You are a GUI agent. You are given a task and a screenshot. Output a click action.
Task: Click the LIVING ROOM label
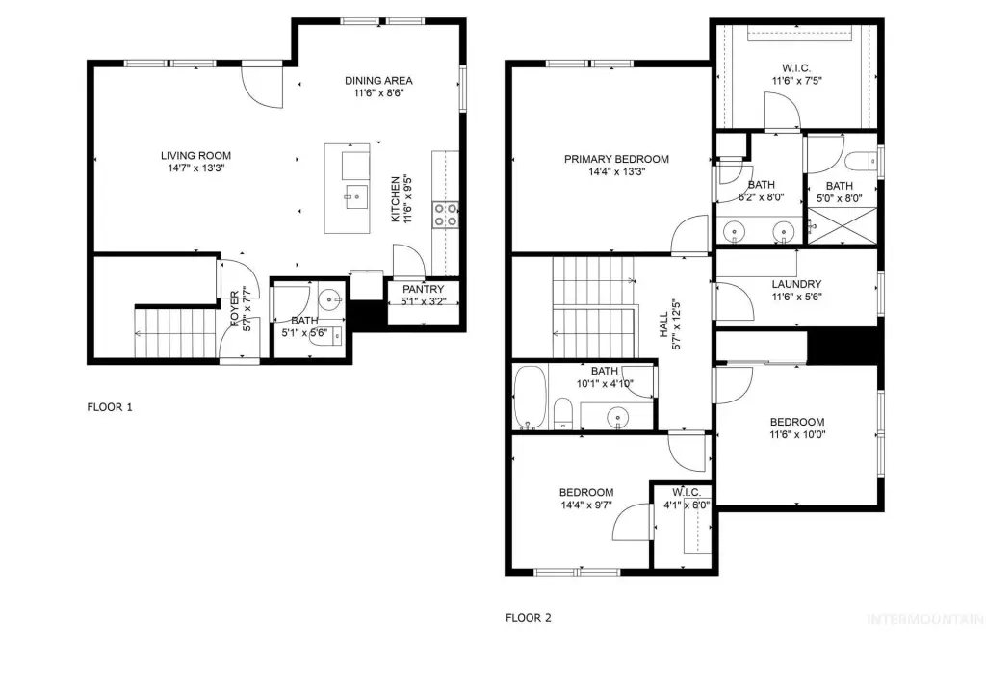coord(195,155)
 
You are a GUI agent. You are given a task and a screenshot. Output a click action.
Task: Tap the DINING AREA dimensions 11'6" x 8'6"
coord(378,93)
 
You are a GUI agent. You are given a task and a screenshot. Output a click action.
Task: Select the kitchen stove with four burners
coord(445,214)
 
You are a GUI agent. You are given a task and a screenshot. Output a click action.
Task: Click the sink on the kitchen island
coord(356,196)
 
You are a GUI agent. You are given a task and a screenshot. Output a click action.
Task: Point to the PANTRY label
coord(424,290)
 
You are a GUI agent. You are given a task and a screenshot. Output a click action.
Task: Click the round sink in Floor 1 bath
coord(329,300)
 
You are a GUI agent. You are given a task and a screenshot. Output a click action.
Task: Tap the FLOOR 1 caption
coord(110,407)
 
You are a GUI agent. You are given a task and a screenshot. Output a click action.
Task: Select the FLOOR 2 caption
coord(529,618)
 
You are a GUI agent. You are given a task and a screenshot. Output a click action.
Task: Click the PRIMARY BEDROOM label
coord(616,159)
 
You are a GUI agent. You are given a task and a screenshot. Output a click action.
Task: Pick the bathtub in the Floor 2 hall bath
coord(531,398)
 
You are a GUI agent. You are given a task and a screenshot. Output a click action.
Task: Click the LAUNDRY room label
coord(796,284)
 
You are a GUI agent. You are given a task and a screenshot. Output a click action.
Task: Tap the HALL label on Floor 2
coord(664,325)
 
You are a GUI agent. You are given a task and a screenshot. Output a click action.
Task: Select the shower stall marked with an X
coord(842,226)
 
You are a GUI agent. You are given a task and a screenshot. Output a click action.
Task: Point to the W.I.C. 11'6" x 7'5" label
coord(796,74)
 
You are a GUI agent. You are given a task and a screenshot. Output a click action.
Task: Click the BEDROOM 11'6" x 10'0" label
coord(797,428)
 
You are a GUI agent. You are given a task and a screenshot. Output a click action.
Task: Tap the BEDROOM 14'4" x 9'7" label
coord(586,499)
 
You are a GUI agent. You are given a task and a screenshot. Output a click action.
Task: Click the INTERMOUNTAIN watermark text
coord(926,619)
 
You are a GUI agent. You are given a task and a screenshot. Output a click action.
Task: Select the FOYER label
coord(235,309)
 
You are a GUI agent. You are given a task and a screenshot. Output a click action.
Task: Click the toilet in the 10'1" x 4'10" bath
coord(562,413)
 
